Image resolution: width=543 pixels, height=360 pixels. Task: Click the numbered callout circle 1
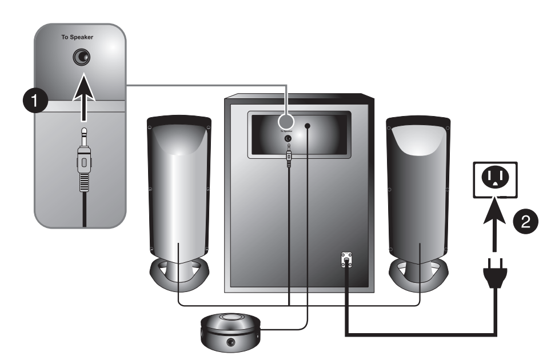point(36,102)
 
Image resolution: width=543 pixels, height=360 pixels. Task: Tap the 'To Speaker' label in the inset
point(77,38)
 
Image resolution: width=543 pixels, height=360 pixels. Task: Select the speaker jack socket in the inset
point(83,57)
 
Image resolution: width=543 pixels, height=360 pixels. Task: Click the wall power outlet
point(493,179)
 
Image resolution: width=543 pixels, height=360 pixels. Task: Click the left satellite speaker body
point(178,189)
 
